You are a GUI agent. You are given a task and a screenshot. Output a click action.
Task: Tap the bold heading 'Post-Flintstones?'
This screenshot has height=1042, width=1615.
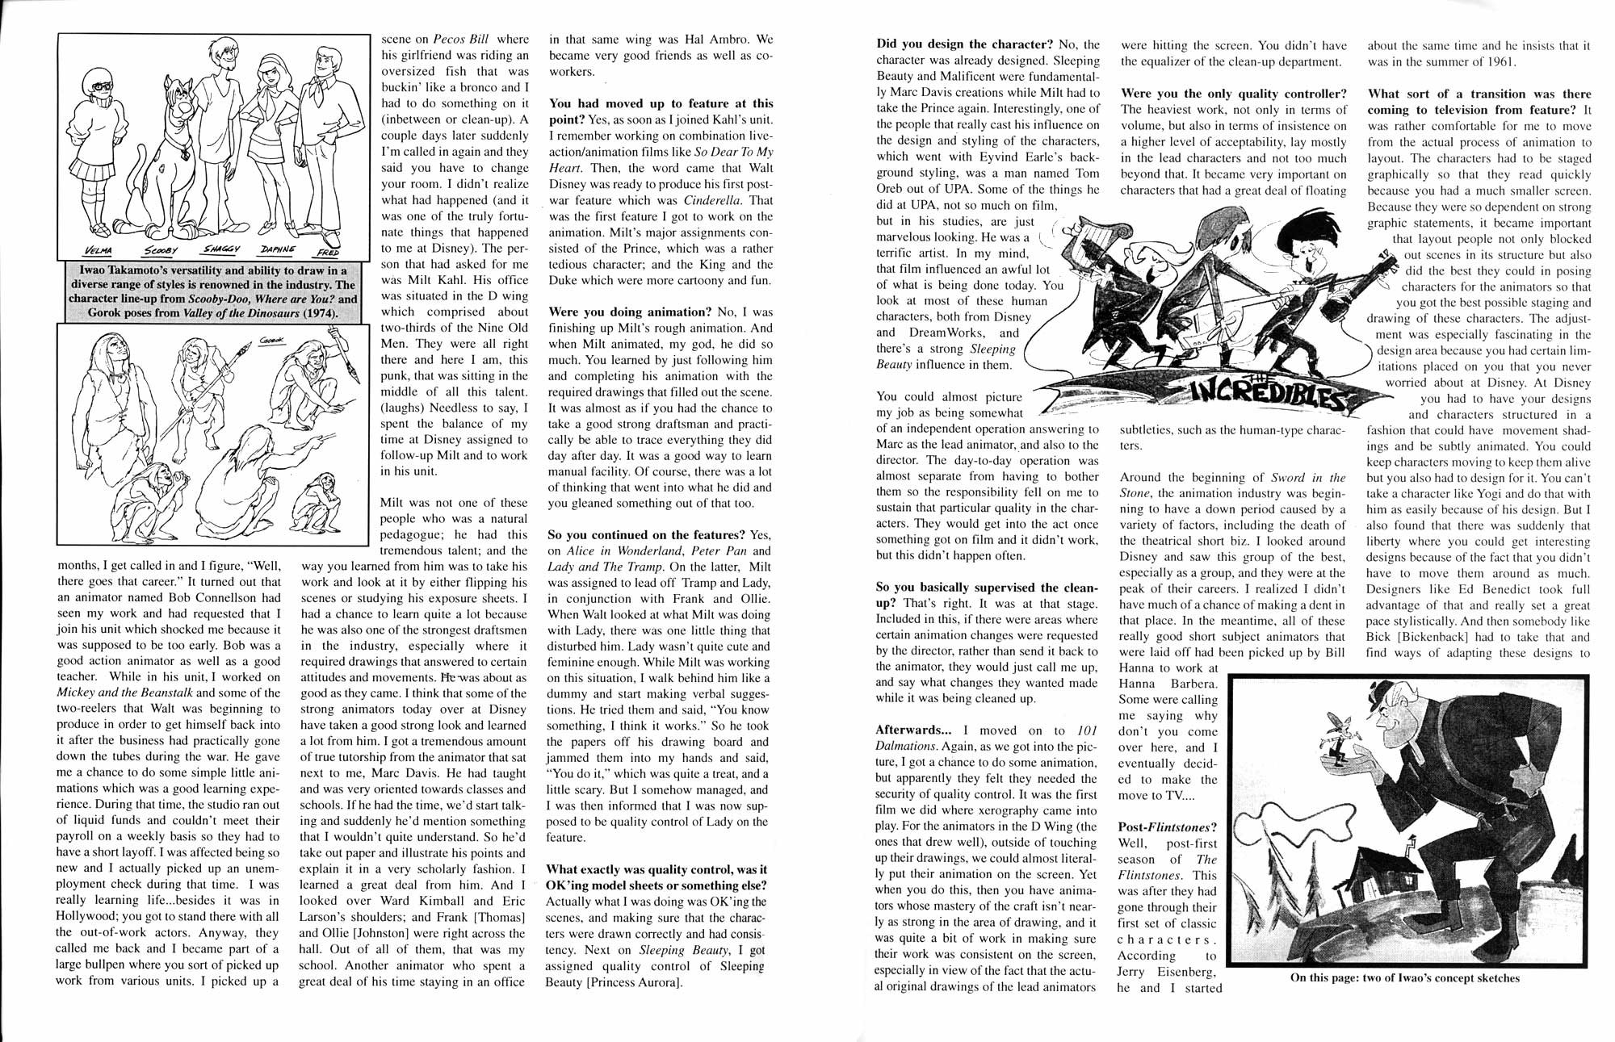(x=1167, y=827)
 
